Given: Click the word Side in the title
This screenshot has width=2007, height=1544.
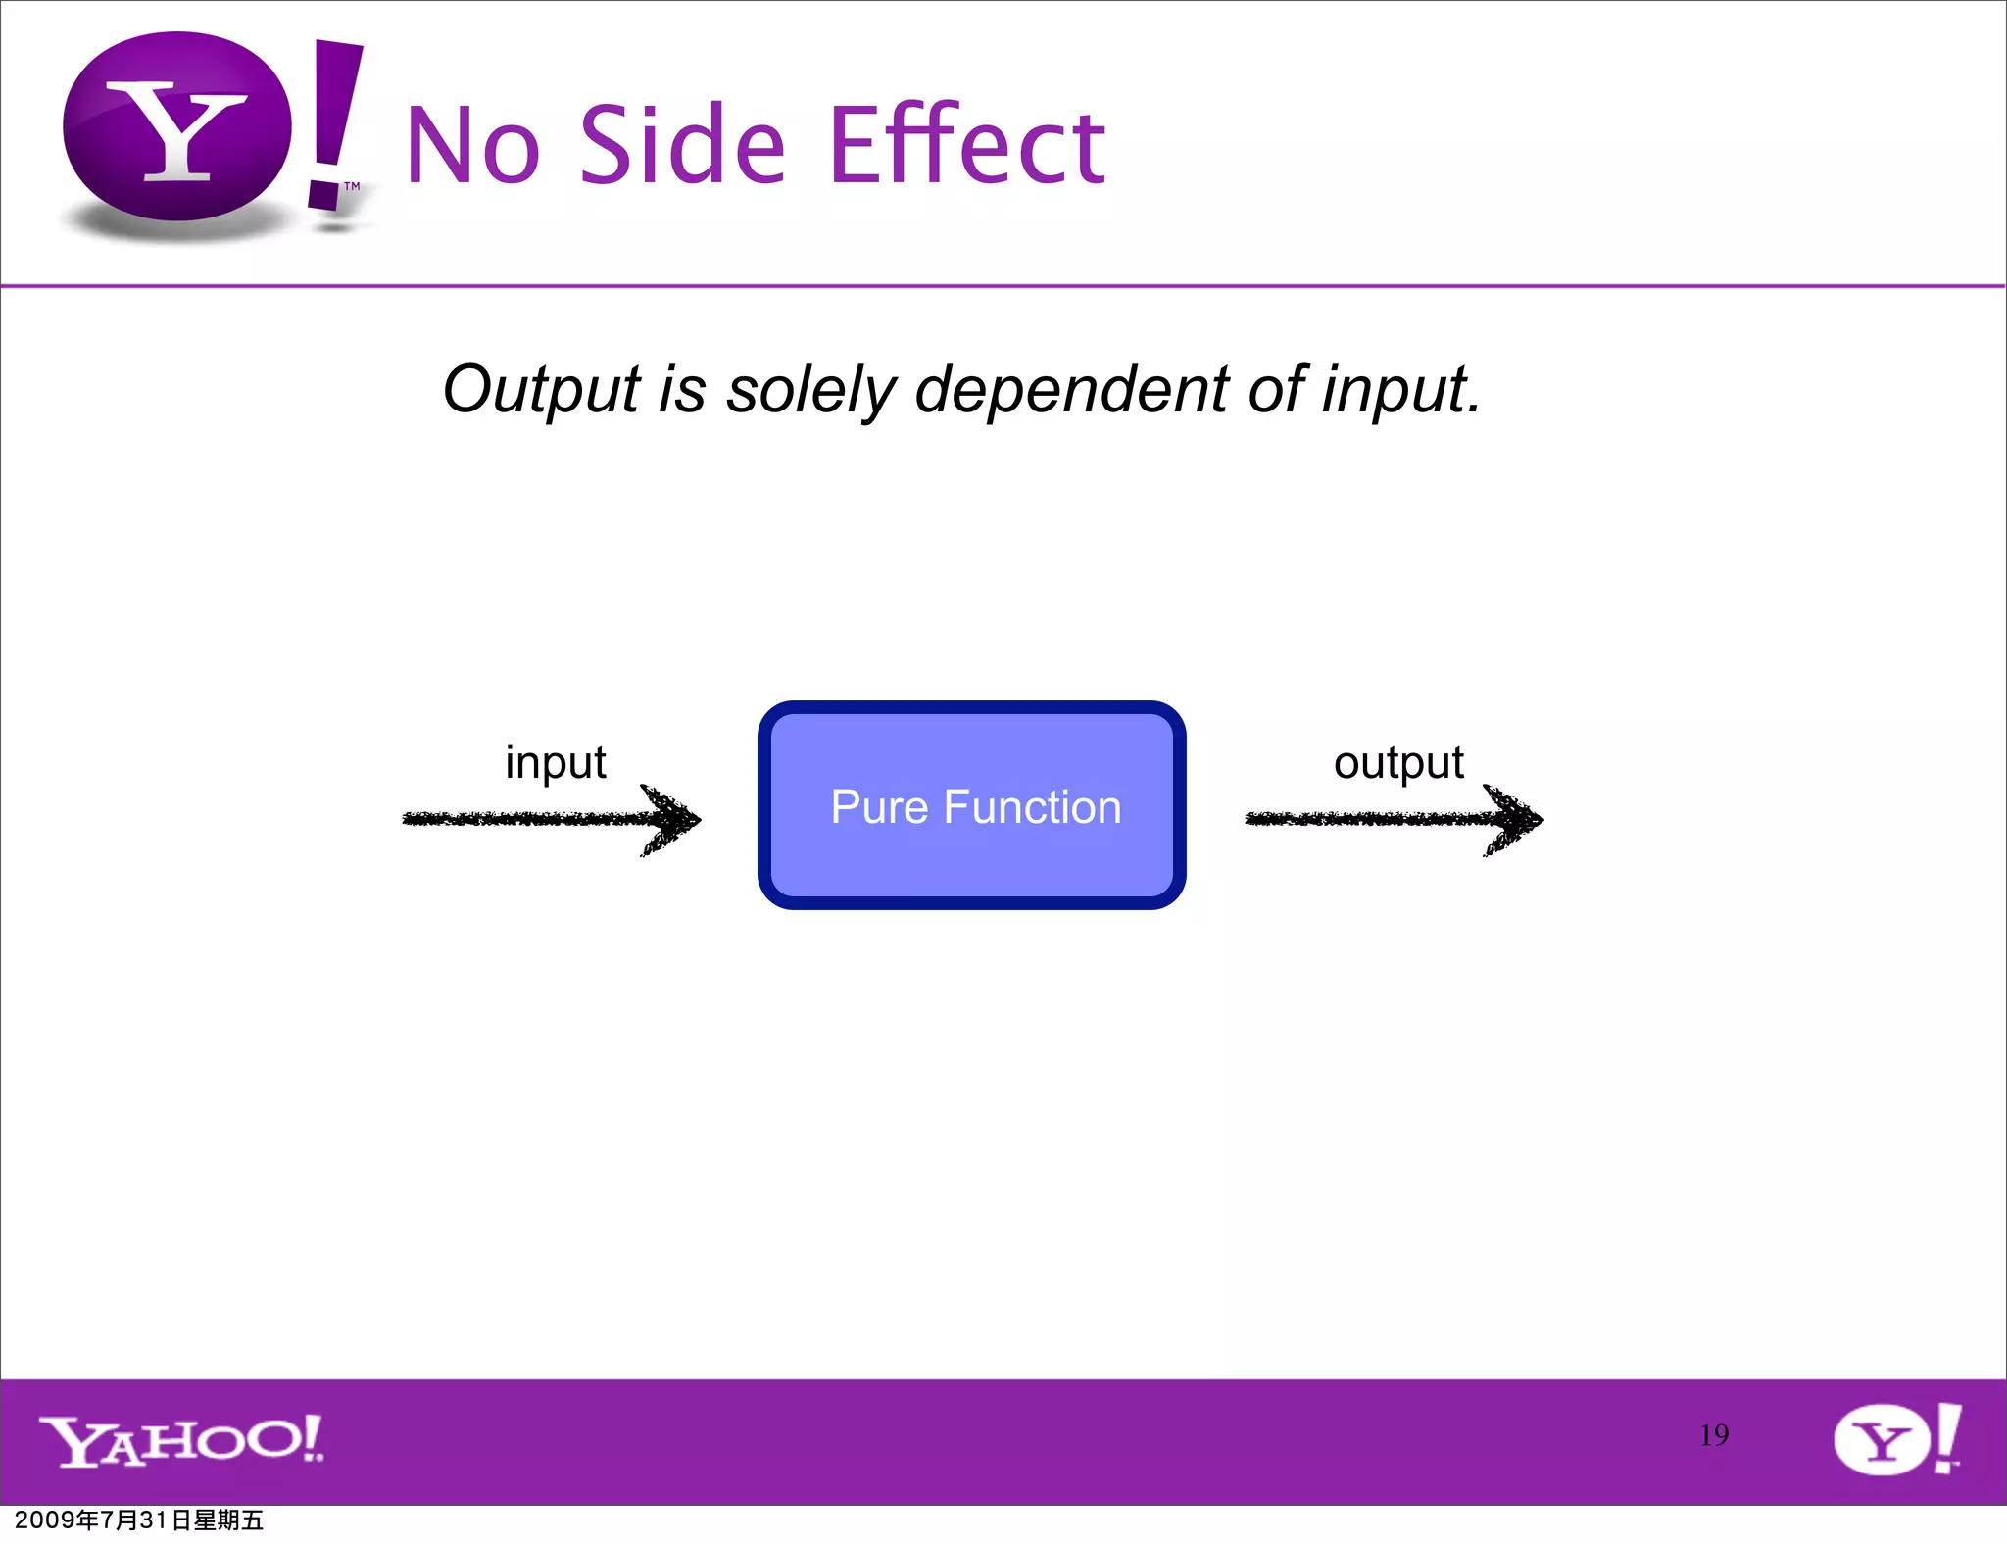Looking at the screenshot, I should tap(682, 147).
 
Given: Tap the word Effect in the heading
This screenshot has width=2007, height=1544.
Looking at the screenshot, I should tap(967, 147).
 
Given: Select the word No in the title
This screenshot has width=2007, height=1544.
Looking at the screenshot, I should tap(472, 147).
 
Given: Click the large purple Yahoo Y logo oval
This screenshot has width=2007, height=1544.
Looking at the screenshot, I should tap(177, 127).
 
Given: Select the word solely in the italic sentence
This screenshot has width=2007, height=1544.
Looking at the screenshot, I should tap(809, 390).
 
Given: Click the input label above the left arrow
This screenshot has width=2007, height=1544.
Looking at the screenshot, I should tap(555, 763).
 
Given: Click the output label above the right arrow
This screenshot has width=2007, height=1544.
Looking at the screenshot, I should tap(1397, 763).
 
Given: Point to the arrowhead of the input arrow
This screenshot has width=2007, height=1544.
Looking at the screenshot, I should tap(674, 819).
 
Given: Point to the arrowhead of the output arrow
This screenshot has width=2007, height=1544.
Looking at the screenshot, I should tap(1517, 819).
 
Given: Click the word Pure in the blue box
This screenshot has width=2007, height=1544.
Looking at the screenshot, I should tap(879, 807).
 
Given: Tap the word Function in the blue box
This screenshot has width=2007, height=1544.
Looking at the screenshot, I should tap(1032, 807).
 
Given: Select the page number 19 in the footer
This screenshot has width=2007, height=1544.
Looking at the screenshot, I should tap(1713, 1435).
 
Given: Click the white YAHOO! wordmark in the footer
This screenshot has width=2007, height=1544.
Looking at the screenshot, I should tap(181, 1440).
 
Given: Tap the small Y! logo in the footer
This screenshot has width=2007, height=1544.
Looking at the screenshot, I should tap(1897, 1439).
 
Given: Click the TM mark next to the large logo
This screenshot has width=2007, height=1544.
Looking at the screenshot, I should tap(352, 186).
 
